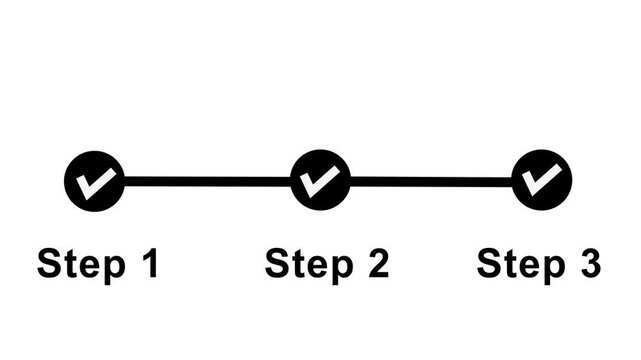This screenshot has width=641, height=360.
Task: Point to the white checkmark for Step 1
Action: (97, 181)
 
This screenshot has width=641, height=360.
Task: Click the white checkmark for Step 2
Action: (321, 181)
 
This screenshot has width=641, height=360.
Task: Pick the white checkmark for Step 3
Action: (543, 180)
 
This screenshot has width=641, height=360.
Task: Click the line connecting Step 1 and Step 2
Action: (207, 182)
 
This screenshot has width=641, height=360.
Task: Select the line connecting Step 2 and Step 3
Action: (431, 182)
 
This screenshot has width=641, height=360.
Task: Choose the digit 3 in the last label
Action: (589, 265)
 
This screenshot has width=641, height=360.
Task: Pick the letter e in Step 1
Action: (84, 268)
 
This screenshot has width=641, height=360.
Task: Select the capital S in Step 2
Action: (276, 265)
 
